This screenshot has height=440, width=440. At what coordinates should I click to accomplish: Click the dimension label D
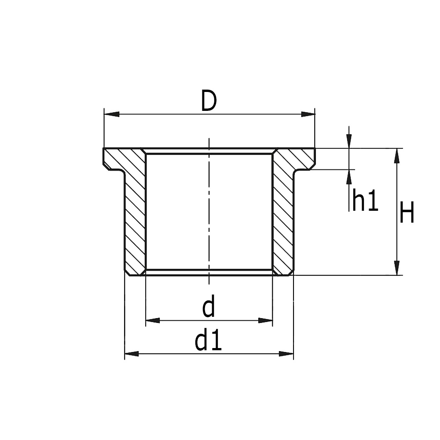pos(209,101)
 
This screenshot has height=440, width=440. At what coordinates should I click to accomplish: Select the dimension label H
pos(407,215)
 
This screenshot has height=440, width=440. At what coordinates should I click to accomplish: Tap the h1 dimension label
pos(365,202)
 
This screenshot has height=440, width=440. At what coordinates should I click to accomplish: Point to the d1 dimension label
pos(209,341)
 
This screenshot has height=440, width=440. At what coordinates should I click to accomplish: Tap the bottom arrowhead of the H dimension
pos(397,268)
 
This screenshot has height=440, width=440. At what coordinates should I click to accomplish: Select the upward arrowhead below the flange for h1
pos(349,177)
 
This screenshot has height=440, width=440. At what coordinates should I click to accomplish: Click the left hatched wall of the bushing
pos(135,220)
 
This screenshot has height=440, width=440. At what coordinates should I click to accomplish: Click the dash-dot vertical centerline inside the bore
pos(209,211)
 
